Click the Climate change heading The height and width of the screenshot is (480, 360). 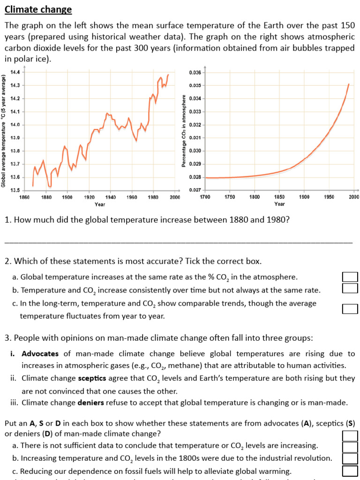[38, 9]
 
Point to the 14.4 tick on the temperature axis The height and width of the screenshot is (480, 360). [15, 72]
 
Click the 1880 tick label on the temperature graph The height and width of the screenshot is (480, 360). [46, 197]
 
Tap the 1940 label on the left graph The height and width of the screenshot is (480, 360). [111, 197]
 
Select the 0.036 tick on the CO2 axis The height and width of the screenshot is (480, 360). [195, 73]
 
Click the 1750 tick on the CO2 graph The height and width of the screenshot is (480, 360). [230, 197]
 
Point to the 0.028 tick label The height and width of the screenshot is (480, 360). [195, 177]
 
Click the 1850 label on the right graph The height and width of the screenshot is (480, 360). [279, 197]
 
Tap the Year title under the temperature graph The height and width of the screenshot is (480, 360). [100, 204]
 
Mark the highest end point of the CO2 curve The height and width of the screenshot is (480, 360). [348, 84]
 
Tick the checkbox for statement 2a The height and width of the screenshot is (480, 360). [350, 277]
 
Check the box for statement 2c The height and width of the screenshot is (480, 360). [350, 308]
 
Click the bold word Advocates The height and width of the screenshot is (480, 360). [40, 354]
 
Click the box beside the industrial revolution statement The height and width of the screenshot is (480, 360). [350, 458]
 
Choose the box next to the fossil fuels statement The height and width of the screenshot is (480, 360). [350, 471]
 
